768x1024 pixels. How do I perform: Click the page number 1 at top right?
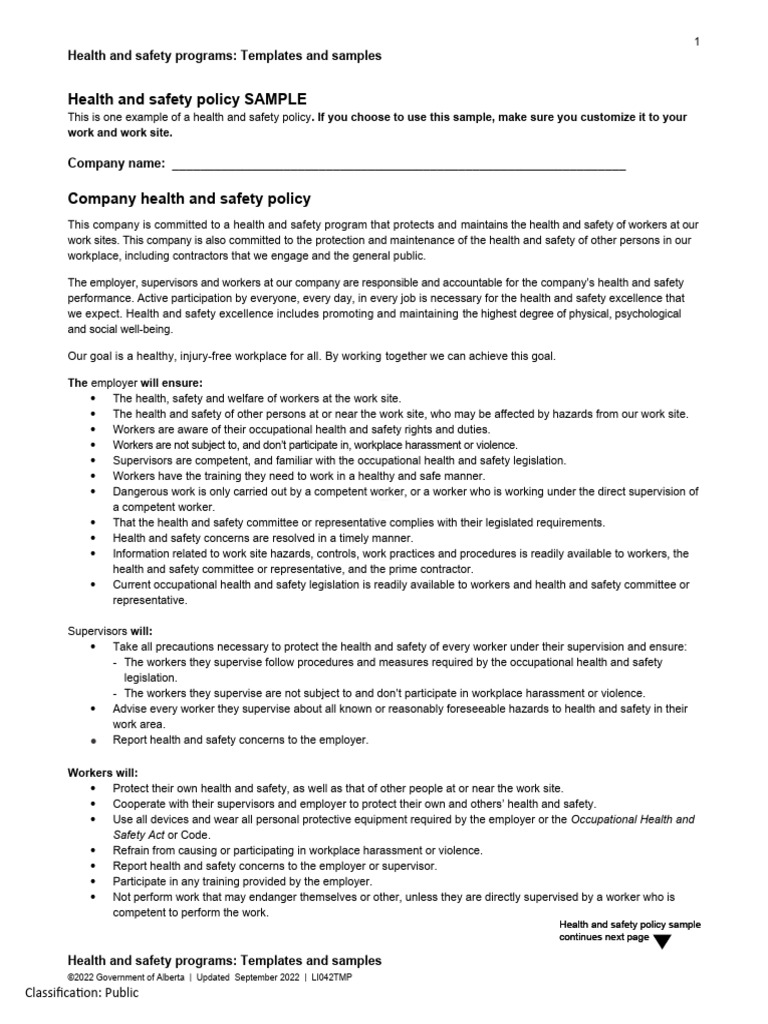point(696,41)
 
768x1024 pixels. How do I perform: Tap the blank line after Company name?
point(399,165)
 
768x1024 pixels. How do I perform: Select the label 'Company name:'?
point(116,164)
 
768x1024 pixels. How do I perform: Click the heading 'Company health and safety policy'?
point(188,199)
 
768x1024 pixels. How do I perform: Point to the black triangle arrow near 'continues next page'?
point(662,940)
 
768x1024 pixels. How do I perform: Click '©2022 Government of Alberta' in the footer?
point(125,977)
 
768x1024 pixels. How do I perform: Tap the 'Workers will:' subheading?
point(103,773)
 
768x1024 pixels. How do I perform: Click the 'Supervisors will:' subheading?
point(109,631)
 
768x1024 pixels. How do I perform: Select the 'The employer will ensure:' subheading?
point(134,382)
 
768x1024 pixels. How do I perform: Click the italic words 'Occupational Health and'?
point(632,819)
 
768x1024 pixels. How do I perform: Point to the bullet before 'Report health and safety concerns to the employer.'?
point(92,741)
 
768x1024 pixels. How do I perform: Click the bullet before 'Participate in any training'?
point(92,882)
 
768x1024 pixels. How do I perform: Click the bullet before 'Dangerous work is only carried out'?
point(92,492)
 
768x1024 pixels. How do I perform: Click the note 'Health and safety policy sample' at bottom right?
point(629,925)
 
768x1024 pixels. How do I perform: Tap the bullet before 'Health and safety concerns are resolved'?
point(92,538)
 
